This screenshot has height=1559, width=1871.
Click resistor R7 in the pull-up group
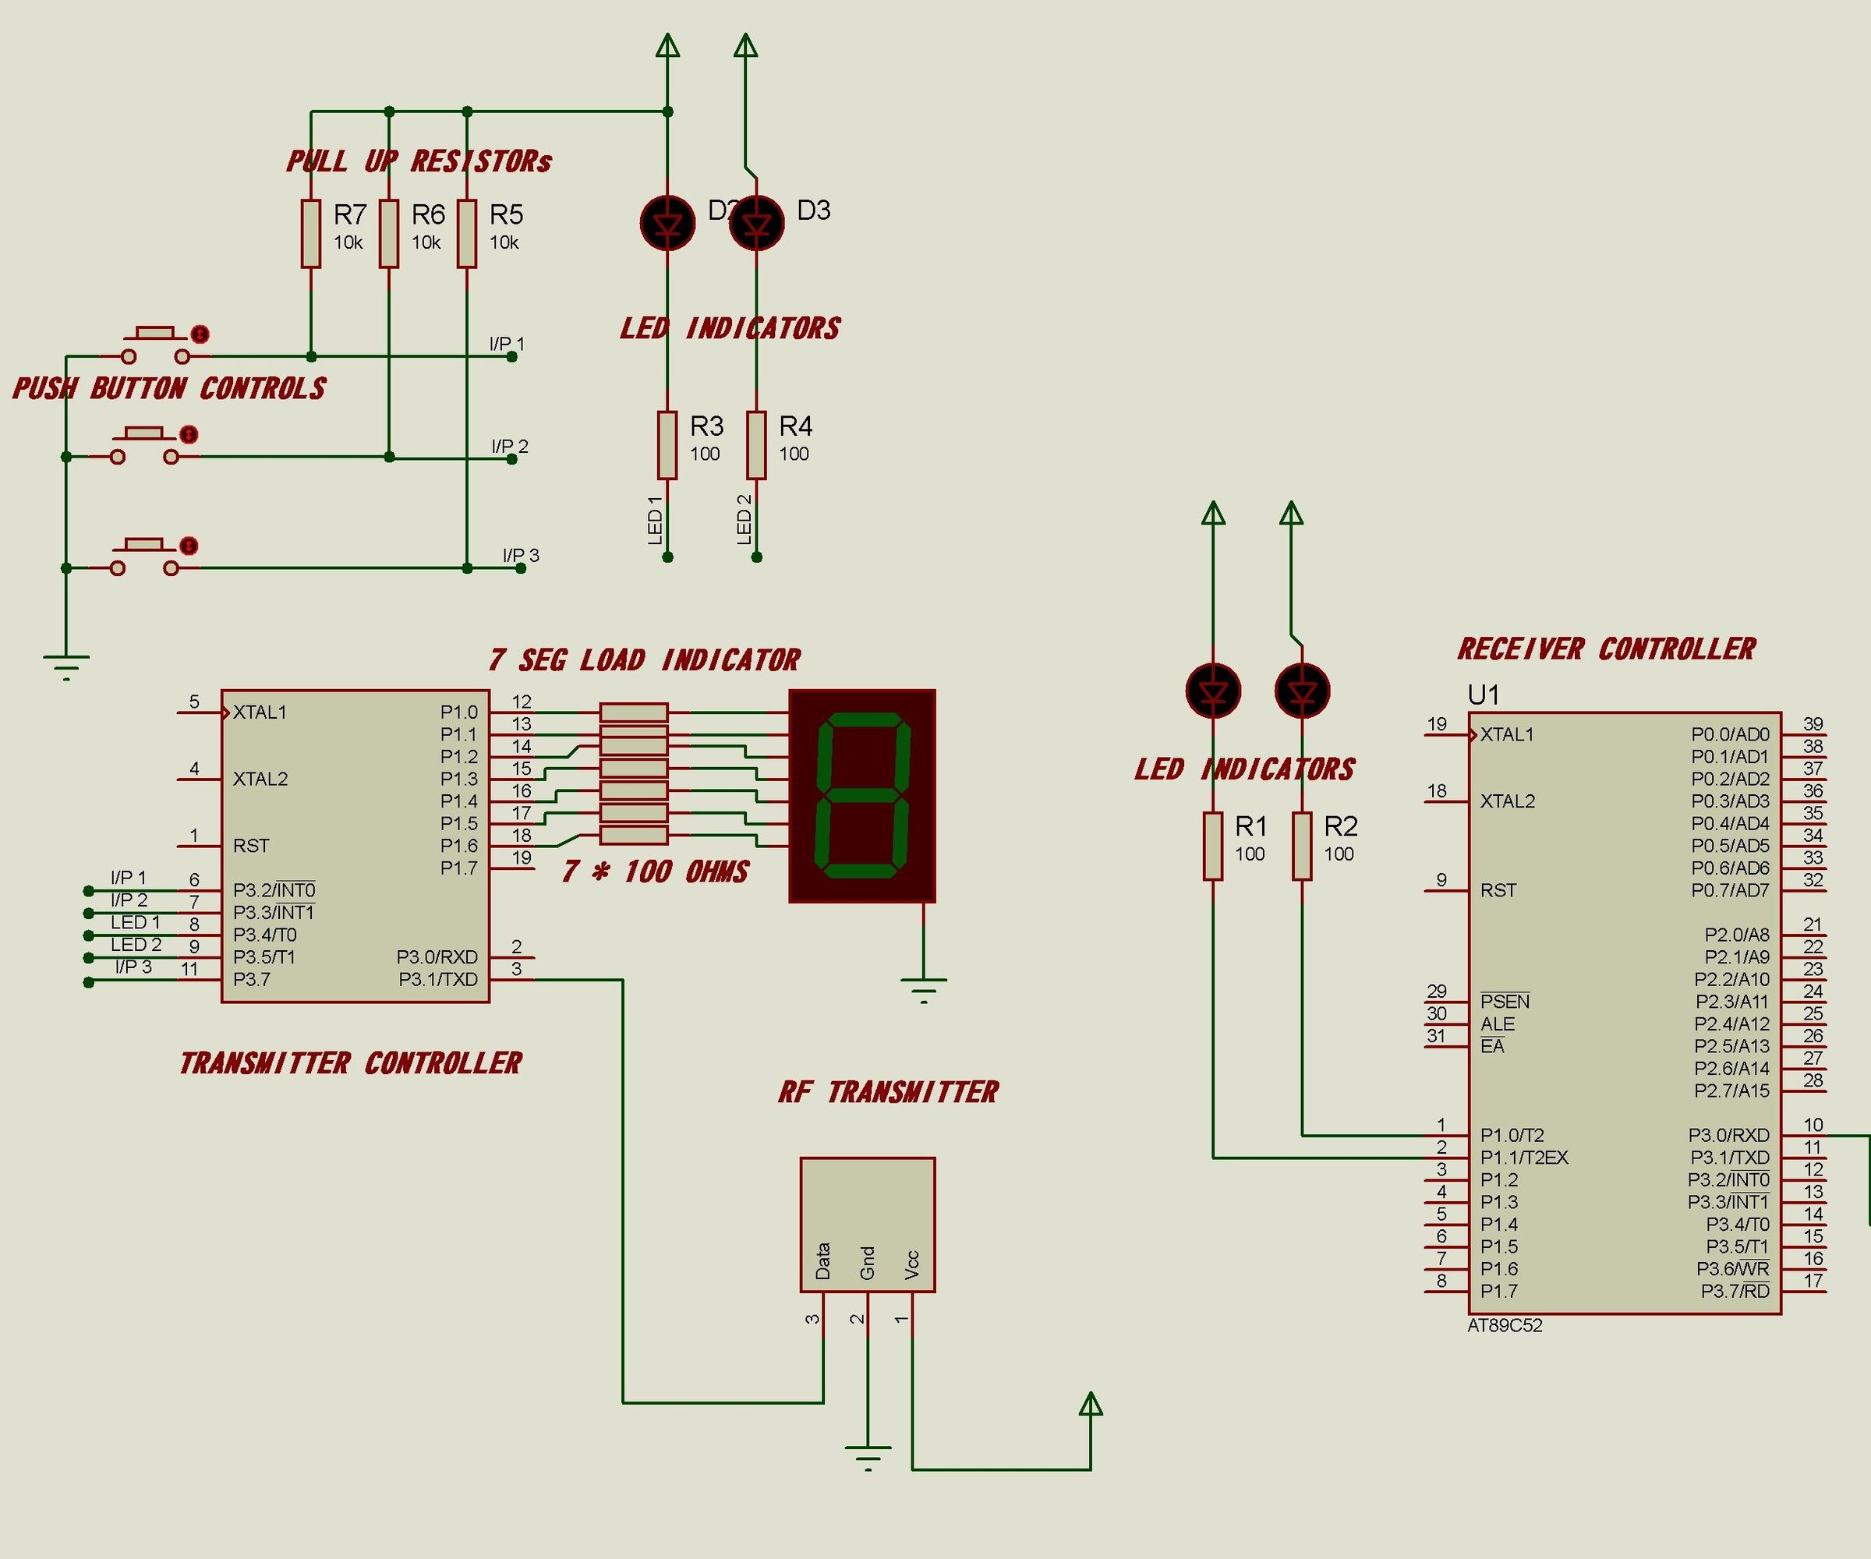310,233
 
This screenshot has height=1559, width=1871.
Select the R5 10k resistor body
467,233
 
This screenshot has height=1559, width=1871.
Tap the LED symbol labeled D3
756,223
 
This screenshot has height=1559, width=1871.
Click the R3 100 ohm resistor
667,444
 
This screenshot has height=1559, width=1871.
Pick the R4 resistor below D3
756,444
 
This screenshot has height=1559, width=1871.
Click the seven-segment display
861,796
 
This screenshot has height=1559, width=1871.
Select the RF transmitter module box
867,1224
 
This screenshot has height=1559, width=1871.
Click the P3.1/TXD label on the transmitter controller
437,980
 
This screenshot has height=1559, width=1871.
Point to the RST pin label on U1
1498,890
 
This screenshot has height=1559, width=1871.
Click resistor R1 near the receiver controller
1212,846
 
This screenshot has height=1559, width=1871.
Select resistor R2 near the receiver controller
1302,846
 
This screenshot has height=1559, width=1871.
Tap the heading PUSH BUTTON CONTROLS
169,388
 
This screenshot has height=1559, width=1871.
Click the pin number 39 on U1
1813,723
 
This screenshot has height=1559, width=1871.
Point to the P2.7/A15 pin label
1731,1091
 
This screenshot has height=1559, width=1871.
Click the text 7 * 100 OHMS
655,871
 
